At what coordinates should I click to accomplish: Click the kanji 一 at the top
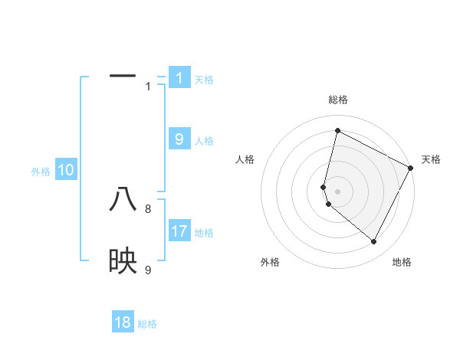[x=123, y=77]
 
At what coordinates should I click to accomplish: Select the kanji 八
[x=123, y=200]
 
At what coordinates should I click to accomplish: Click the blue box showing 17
[x=179, y=231]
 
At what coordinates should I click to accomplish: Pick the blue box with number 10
[x=66, y=170]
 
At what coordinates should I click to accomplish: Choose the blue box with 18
[x=123, y=322]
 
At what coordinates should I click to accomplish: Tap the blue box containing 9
[x=179, y=139]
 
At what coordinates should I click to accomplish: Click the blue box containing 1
[x=179, y=77]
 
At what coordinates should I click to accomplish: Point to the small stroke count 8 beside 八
[x=148, y=208]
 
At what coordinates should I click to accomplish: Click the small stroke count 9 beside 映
[x=148, y=270]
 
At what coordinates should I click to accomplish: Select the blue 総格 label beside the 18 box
[x=147, y=324]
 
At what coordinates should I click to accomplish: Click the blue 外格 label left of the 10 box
[x=41, y=172]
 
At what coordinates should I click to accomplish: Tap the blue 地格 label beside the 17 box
[x=204, y=232]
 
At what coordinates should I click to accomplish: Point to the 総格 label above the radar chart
[x=337, y=100]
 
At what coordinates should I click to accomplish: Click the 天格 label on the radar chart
[x=431, y=159]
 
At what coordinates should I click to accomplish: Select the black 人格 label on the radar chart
[x=245, y=159]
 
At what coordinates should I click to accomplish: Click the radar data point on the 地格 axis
[x=374, y=242]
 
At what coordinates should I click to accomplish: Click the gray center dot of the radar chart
[x=337, y=191]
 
